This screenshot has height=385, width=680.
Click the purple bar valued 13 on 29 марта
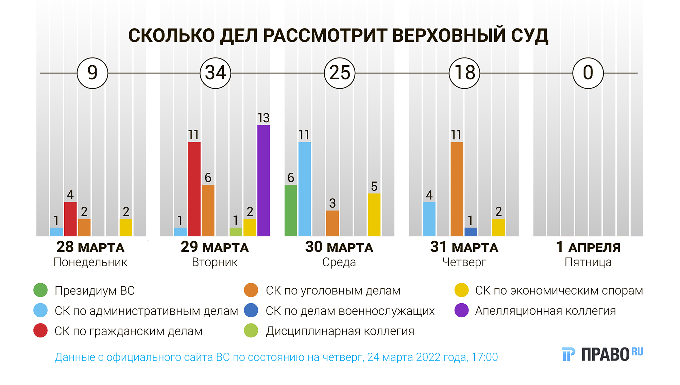tap(263, 180)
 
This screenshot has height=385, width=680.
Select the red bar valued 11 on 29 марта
tap(194, 189)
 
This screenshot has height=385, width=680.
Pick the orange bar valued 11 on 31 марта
tap(457, 189)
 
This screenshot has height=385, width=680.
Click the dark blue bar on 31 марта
tap(471, 232)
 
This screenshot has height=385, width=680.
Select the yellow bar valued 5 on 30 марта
tap(374, 215)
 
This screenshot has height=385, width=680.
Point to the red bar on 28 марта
tap(70, 219)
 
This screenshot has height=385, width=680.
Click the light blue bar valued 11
tap(305, 189)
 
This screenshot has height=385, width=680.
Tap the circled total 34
tap(216, 73)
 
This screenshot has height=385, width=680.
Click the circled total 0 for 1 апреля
tap(588, 73)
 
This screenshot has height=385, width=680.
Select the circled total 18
tap(464, 73)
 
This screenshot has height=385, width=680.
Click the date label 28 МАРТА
tap(90, 247)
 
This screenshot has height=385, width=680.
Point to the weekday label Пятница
tap(588, 262)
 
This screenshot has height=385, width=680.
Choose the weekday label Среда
tap(339, 262)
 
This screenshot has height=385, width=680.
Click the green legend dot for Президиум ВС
tap(40, 290)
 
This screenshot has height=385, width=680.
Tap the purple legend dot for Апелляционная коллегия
tap(461, 310)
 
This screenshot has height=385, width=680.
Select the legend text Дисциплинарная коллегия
tap(340, 331)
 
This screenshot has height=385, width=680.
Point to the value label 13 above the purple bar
tap(263, 118)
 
